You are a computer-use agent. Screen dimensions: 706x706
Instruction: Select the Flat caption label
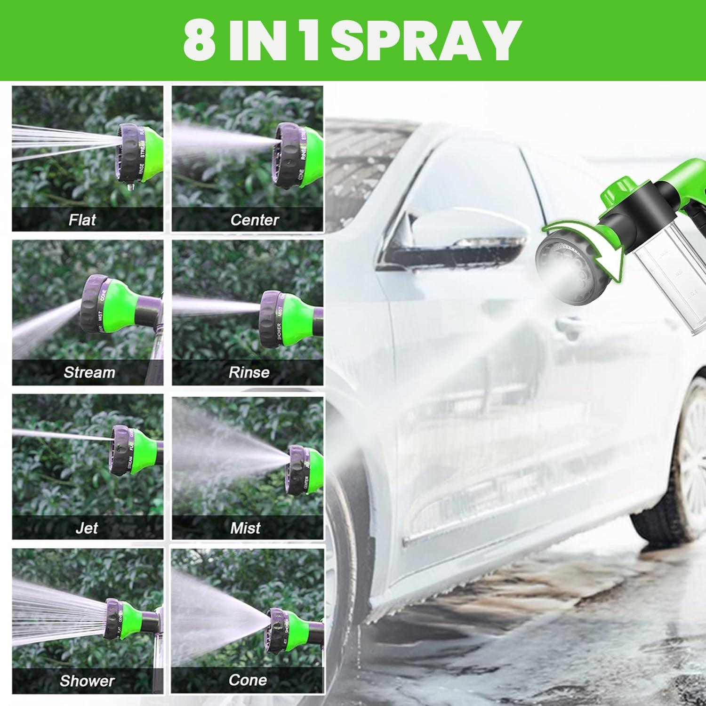[82, 219]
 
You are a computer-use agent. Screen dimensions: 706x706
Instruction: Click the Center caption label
[254, 219]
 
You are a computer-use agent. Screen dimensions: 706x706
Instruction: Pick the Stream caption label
[89, 372]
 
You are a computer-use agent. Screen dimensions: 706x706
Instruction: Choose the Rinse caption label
[249, 372]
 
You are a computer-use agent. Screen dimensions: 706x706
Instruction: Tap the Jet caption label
[87, 528]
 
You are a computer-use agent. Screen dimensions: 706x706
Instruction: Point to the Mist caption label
[245, 528]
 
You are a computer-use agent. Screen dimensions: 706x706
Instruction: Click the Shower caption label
[87, 681]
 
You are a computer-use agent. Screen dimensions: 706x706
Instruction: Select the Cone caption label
[248, 680]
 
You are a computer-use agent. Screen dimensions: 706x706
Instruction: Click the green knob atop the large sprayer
[617, 188]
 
